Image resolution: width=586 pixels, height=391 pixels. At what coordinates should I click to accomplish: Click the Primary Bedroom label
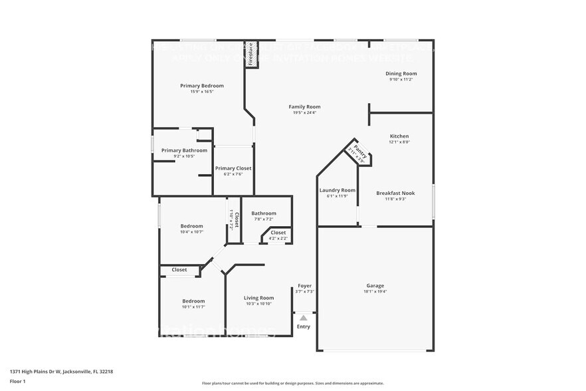(202, 86)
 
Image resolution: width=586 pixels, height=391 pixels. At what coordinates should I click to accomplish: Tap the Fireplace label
(251, 54)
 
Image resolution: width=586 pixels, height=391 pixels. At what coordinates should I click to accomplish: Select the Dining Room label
(401, 73)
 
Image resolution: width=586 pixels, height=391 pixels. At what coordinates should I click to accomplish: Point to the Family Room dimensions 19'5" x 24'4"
(304, 113)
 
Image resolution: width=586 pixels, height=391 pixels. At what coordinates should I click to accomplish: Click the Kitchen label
(399, 136)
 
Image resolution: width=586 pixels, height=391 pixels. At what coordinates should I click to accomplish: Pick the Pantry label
(359, 151)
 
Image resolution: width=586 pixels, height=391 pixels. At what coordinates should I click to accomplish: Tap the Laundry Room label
(338, 190)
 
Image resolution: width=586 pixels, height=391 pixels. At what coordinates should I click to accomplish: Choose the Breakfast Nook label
(395, 193)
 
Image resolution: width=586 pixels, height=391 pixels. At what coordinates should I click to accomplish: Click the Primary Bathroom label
(184, 150)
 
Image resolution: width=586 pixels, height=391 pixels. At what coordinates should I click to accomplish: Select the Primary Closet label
(233, 168)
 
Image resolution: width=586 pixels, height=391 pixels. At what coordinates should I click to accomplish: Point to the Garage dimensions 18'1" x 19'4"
(375, 291)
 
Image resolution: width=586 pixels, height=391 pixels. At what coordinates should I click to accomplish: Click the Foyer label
(304, 285)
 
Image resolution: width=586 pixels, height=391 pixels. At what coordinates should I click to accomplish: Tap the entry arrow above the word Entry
(304, 318)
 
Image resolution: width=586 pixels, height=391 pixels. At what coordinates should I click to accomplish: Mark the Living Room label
(259, 298)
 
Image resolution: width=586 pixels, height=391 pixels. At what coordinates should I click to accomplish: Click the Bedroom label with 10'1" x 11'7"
(194, 301)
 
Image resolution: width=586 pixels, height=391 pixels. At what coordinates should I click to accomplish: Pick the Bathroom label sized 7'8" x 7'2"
(263, 213)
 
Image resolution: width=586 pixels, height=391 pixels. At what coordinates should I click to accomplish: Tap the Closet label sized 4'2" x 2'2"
(278, 233)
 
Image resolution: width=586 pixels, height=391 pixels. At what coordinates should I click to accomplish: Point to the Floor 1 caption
(17, 381)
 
